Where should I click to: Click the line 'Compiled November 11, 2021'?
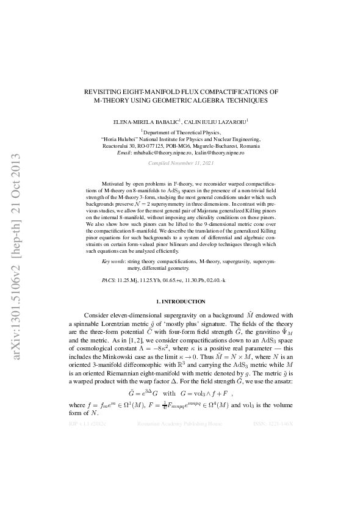(181, 164)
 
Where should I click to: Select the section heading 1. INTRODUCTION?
(181, 302)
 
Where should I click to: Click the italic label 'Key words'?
(113, 261)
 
